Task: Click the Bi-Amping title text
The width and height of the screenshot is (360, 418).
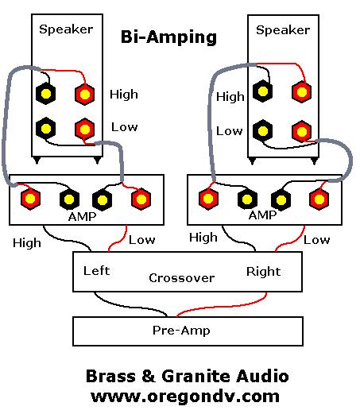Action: (168, 37)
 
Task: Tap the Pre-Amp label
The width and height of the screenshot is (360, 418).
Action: (181, 331)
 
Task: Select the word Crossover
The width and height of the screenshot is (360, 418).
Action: (182, 278)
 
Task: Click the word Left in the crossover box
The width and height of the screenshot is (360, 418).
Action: (96, 271)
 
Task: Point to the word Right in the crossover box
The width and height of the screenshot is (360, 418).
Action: (264, 272)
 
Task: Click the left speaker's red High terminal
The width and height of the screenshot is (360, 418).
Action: (85, 94)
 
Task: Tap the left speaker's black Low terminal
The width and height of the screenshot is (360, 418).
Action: (46, 129)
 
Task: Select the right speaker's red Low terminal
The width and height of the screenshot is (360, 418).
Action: (302, 131)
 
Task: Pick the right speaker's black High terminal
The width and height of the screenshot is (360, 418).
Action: (263, 91)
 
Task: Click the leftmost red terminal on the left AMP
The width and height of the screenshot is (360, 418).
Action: (30, 199)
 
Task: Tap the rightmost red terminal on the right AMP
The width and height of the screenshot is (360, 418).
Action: (319, 199)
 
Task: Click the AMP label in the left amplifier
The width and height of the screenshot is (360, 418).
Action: (82, 216)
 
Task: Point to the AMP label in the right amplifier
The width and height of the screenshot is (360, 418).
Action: (263, 215)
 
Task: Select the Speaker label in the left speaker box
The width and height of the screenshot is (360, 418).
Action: (66, 29)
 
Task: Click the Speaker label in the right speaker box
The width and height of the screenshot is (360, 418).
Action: (283, 30)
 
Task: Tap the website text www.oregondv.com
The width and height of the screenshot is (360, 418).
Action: (185, 397)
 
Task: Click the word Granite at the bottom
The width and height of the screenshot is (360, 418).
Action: (195, 376)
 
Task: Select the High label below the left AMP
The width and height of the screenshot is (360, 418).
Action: (27, 243)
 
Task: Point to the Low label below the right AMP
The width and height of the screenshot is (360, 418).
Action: (317, 240)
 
